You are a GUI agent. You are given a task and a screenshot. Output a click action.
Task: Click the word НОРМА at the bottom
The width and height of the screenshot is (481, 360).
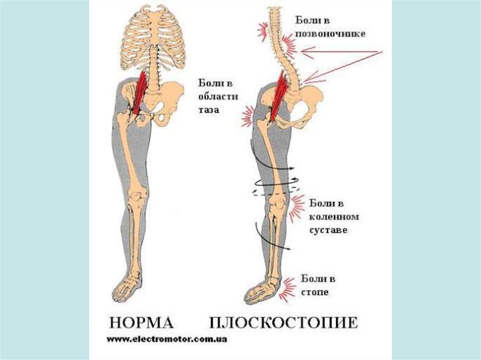pos(141,323)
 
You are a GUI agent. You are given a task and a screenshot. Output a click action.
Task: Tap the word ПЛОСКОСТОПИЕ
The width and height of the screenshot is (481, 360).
pos(283,323)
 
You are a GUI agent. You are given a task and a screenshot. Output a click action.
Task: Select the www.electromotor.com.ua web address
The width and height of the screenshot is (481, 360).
pos(167,339)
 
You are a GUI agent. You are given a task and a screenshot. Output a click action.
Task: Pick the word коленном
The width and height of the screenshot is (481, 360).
pos(334,217)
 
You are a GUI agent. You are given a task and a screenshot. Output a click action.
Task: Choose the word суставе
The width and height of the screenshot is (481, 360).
pos(328,231)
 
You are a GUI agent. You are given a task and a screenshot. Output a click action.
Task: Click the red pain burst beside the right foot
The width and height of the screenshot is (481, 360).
pos(287,289)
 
